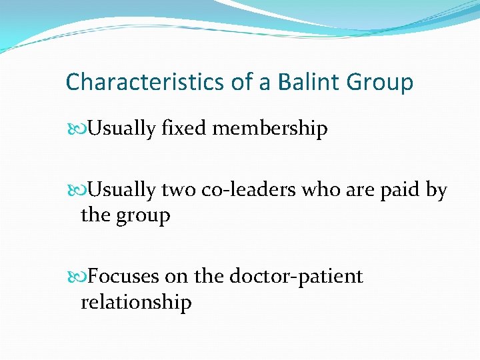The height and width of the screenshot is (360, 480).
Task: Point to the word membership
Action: [270, 128]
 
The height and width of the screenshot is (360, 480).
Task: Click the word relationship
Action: [136, 302]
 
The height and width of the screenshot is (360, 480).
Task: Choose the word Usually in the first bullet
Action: [122, 128]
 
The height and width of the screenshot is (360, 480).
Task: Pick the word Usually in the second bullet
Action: [122, 191]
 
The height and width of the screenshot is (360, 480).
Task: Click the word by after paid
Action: [436, 191]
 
